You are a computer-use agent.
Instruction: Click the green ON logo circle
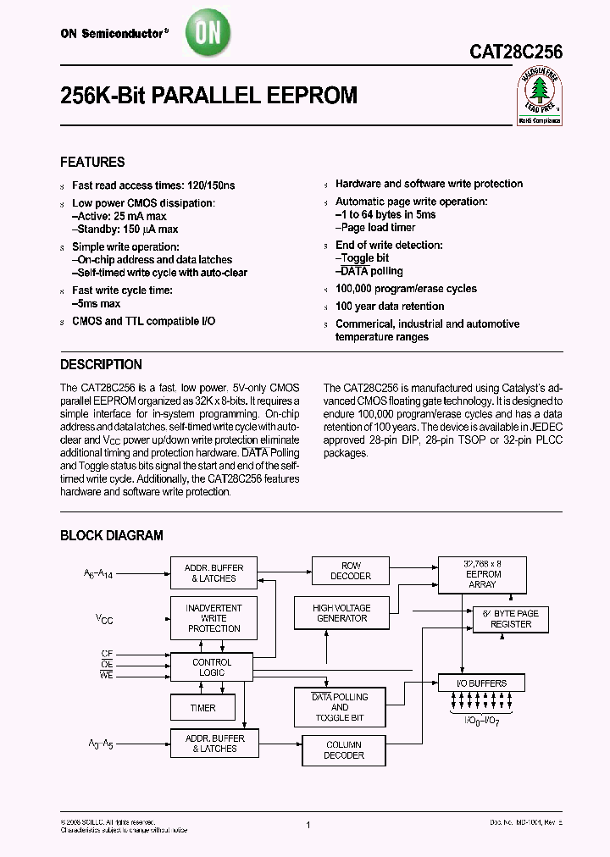point(208,34)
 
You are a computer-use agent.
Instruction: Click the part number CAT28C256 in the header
point(516,52)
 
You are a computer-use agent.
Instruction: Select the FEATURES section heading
point(92,162)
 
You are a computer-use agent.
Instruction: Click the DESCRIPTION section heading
point(101,365)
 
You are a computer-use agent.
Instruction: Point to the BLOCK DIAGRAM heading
point(111,535)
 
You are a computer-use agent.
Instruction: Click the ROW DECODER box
point(351,571)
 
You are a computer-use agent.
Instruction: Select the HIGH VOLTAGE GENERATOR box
point(341,613)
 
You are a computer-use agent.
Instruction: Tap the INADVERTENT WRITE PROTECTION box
point(213,618)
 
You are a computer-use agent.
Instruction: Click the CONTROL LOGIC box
point(212,667)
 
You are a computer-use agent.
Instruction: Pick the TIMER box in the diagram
point(203,708)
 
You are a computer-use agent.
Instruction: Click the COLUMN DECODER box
point(344,750)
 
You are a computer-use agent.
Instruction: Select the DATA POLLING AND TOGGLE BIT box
point(339,707)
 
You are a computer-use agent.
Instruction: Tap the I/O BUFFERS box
point(481,683)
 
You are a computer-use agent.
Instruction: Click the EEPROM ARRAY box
point(481,573)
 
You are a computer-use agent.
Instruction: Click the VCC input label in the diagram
point(103,620)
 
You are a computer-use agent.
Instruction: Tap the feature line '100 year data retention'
point(390,307)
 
